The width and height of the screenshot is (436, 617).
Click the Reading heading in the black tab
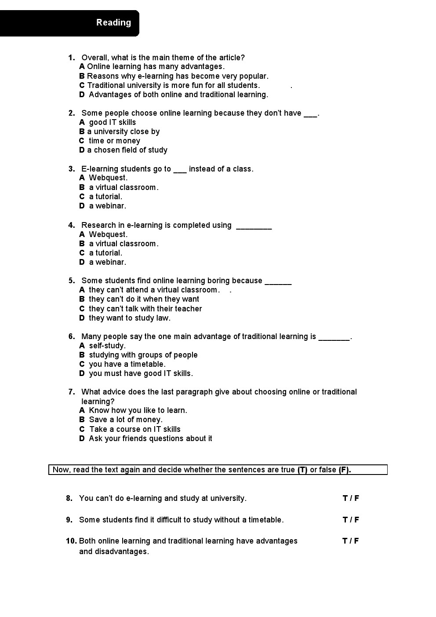point(113,22)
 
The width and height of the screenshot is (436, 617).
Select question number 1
point(71,58)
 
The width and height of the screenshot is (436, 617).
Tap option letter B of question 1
point(82,76)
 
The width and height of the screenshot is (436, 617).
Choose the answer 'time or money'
point(114,141)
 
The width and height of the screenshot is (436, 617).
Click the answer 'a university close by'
point(123,131)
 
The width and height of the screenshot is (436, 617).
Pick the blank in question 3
point(180,170)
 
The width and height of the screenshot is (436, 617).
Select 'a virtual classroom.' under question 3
point(124,187)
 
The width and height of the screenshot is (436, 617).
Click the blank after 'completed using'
point(254,226)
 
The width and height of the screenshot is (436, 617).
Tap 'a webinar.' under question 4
point(107,262)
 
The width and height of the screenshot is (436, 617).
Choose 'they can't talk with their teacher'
point(145,309)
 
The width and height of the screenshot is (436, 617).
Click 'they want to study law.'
point(129,318)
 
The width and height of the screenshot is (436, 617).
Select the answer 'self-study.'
point(107,346)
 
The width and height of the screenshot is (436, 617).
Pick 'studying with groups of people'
point(143,355)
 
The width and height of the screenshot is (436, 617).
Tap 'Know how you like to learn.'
point(138,410)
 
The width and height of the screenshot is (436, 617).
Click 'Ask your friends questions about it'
point(150,438)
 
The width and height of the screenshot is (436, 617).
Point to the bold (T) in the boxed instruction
point(302,470)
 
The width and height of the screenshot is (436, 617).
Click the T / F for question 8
point(351,498)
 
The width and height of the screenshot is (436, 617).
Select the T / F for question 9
point(351,520)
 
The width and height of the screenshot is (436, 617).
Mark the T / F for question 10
point(351,541)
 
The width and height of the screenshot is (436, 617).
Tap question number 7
point(71,392)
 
